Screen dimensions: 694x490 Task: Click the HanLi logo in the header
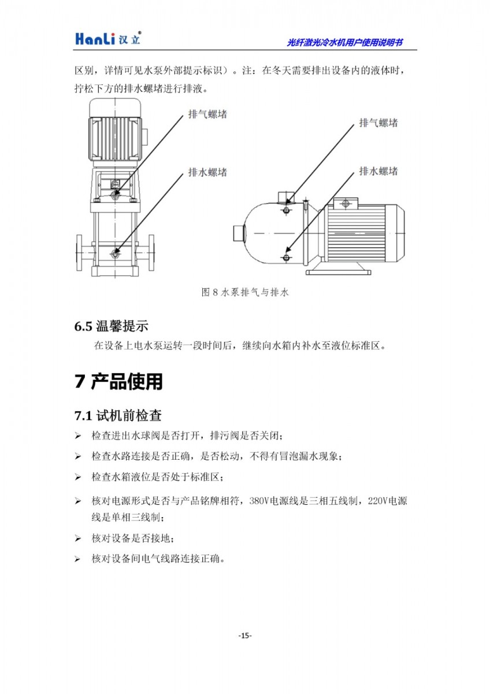(107, 38)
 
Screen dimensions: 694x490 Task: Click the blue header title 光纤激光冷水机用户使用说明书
(345, 42)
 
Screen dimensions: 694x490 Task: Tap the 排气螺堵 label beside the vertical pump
(207, 114)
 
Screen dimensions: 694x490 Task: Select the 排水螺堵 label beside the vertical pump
(207, 172)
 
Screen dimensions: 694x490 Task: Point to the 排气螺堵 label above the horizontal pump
(378, 123)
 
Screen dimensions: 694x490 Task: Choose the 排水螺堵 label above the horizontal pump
(378, 171)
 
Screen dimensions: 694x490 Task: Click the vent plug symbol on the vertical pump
(116, 195)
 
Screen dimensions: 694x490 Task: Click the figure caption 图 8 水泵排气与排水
(244, 293)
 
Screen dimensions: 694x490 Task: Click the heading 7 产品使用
(118, 382)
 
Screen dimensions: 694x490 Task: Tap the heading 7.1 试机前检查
(117, 416)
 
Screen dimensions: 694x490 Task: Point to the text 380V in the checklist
(260, 501)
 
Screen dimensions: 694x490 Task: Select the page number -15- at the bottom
(245, 636)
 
